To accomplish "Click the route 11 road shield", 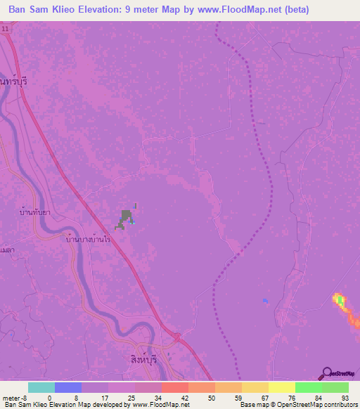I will [6, 28].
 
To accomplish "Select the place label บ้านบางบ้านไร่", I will [89, 240].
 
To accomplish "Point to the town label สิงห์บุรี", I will [137, 349].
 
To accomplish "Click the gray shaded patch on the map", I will [126, 217].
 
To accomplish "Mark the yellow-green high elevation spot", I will [341, 301].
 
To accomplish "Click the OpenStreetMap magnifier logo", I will [327, 374].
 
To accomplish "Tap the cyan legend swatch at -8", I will [41, 387].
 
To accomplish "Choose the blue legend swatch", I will [67, 387].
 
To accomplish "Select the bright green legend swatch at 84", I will [309, 387].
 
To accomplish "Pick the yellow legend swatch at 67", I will [255, 387].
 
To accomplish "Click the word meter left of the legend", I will [13, 397].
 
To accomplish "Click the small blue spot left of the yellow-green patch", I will [265, 301].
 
